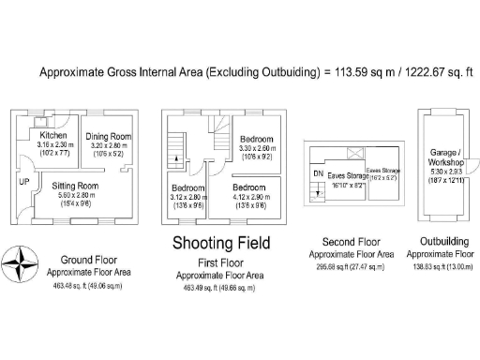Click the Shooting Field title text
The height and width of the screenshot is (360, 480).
coord(221,244)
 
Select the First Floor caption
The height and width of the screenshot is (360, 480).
coord(220,263)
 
